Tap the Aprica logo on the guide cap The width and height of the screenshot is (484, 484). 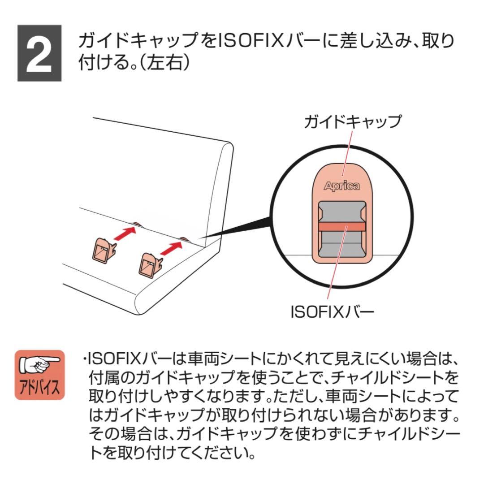[341, 186]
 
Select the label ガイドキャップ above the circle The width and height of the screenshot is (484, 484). [352, 121]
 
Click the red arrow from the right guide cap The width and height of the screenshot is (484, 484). [172, 247]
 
